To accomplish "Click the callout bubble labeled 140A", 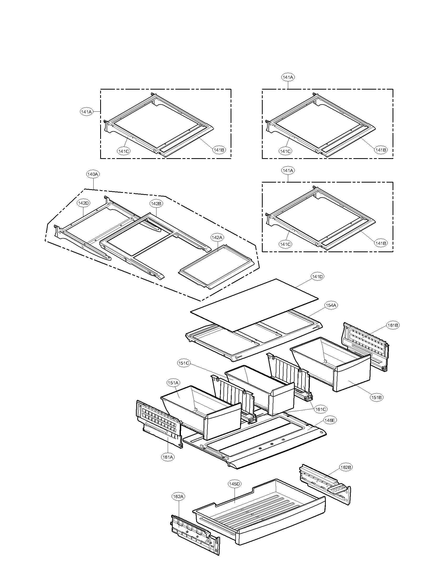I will pos(93,174).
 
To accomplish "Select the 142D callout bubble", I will pos(83,203).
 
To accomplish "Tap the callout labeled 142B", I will pos(156,204).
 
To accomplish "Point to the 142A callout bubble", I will pos(217,238).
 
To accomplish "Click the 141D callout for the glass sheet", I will pos(318,277).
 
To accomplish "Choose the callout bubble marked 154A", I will pos(331,305).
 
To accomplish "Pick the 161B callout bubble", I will pos(393,325).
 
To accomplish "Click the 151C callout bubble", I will pos(184,363).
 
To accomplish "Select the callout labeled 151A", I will pos(174,383).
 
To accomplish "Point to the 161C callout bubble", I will pos(321,409).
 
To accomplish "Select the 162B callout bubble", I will pos(346,467).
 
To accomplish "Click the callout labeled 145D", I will pos(234,484).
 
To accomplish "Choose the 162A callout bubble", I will pos(178,497).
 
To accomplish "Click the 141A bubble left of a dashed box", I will pos(86,112).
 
